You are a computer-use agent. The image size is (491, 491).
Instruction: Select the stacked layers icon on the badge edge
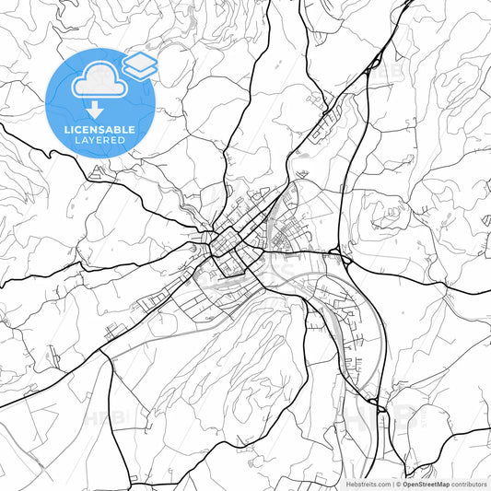pos(140,64)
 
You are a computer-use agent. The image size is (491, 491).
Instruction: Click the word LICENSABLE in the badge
pos(100,129)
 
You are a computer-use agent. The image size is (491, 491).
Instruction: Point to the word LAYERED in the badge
pos(100,141)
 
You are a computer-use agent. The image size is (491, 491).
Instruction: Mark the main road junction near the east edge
pos(446,287)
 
